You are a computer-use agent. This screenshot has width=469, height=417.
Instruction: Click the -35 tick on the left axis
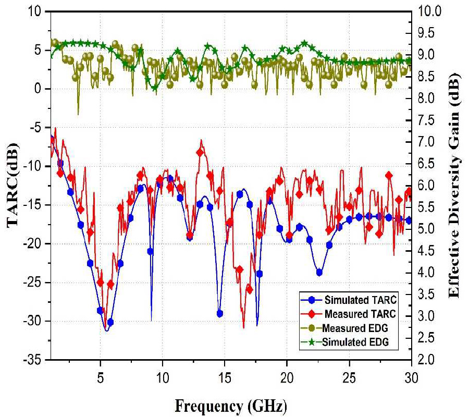(36, 360)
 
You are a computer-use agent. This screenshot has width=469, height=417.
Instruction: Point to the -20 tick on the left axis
(36, 243)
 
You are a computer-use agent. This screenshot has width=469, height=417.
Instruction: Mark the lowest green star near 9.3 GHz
(154, 88)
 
